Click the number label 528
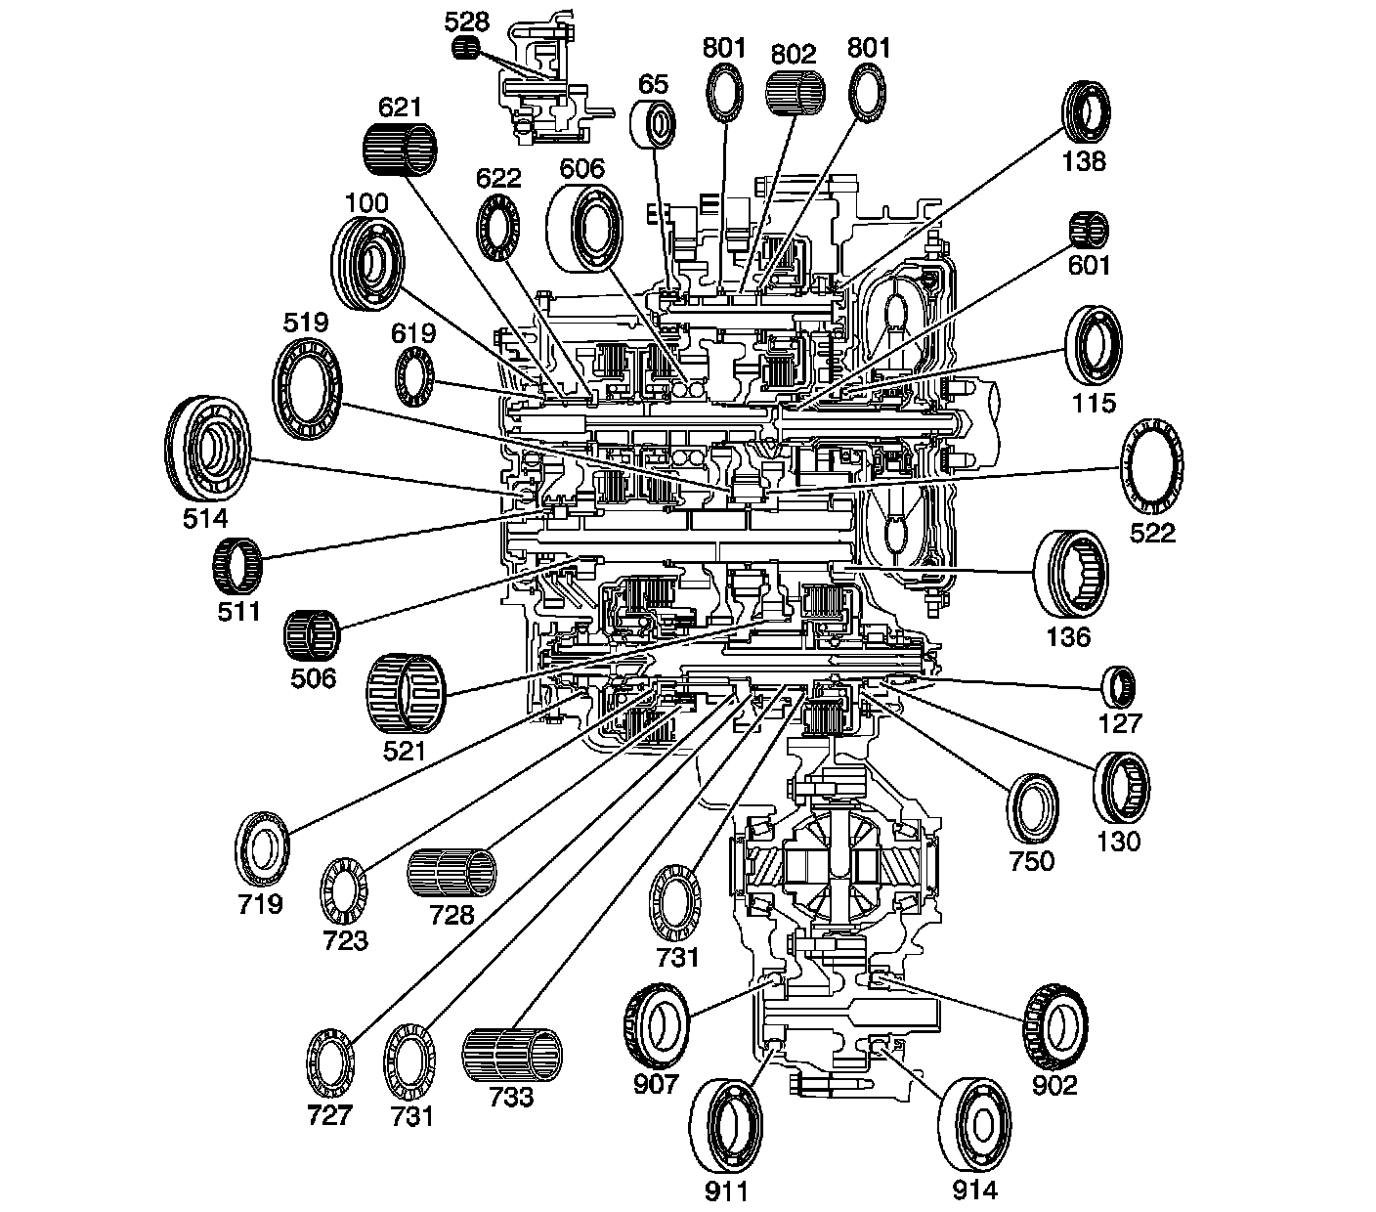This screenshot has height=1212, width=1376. [468, 19]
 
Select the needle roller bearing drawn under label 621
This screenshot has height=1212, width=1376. [400, 151]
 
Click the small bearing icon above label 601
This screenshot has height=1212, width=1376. [1089, 231]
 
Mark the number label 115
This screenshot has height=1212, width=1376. [1094, 403]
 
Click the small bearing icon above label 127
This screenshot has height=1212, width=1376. [1119, 687]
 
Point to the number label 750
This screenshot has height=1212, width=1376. [1032, 860]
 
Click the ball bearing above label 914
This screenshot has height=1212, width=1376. [974, 1124]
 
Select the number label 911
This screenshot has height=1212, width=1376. [726, 1190]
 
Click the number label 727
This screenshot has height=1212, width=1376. [328, 1115]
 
